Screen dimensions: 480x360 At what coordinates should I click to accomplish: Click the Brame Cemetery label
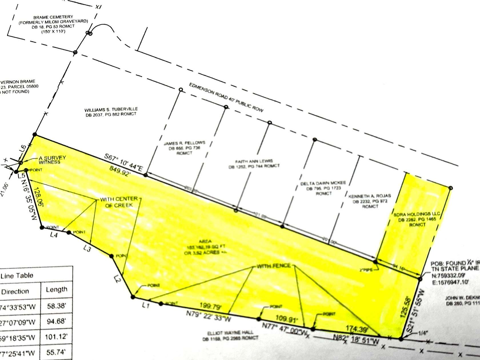tap(53, 17)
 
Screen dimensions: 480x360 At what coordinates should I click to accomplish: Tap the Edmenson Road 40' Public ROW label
tap(226, 97)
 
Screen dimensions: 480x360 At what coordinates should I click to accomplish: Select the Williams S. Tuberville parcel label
tap(111, 109)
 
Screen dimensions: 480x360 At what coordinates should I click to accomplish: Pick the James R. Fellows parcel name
tap(184, 143)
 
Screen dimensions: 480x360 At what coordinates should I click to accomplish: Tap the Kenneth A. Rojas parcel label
tap(369, 196)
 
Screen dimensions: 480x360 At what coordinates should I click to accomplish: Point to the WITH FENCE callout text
tap(273, 266)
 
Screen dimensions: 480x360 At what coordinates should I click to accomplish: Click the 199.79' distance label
tap(211, 306)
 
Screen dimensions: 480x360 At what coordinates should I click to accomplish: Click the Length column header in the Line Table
tap(56, 289)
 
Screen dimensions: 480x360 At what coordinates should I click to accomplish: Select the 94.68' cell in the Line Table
tap(56, 321)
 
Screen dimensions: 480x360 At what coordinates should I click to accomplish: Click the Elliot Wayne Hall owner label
tap(230, 333)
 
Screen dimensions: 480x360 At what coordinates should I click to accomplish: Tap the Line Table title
tap(17, 276)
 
